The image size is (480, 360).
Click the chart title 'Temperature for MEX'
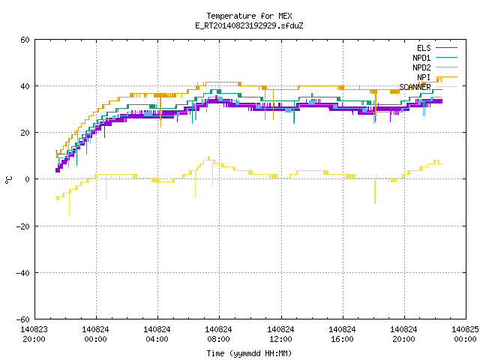(249, 16)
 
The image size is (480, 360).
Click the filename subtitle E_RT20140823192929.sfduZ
(249, 25)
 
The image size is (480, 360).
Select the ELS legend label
(424, 48)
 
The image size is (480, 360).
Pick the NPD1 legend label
(421, 58)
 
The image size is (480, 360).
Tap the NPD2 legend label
(421, 67)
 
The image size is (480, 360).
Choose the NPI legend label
(424, 77)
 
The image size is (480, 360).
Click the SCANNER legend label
(415, 87)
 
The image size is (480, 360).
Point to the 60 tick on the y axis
(25, 40)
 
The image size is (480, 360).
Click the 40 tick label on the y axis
(25, 86)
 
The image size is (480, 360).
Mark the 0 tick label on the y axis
(28, 179)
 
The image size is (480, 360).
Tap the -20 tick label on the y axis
(23, 226)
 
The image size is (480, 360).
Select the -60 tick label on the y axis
(23, 319)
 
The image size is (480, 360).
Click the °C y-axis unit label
(8, 180)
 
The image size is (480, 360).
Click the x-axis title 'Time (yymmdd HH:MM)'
(249, 353)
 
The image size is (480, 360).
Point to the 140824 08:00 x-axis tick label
(218, 334)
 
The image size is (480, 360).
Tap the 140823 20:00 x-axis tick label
(34, 334)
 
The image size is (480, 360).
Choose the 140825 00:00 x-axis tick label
(465, 334)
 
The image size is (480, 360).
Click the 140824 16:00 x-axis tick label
(342, 334)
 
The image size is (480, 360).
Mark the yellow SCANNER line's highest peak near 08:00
(209, 157)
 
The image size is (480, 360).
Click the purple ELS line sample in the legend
(447, 48)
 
